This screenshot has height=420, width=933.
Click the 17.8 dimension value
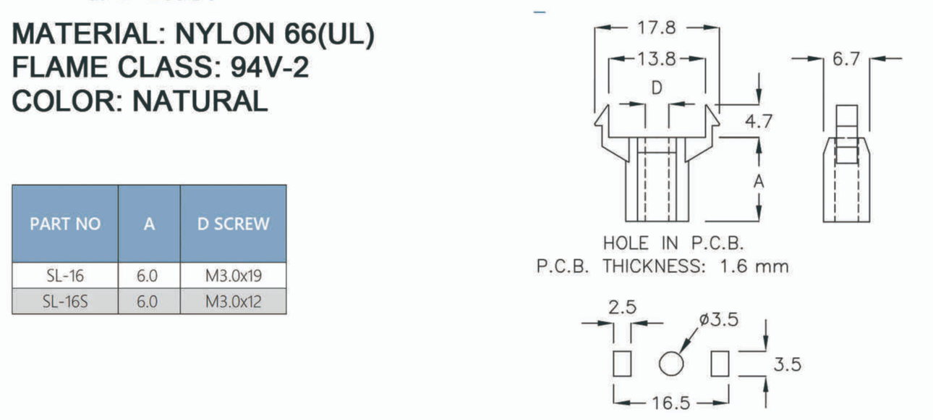656,28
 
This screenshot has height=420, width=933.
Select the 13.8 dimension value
656,59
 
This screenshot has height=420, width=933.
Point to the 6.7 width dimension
846,59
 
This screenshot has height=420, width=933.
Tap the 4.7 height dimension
759,121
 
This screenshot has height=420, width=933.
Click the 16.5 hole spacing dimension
670,403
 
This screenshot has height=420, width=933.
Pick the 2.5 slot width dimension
622,307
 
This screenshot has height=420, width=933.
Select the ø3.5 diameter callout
719,319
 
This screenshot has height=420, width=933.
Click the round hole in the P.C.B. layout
670,363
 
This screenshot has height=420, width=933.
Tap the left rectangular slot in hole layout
622,363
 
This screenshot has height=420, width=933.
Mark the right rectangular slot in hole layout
720,363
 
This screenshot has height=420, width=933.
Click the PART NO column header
65,224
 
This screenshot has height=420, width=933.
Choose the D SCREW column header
233,224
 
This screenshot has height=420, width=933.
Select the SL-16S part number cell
65,301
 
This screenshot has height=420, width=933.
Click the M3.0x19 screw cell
233,276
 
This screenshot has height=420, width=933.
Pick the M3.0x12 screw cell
233,301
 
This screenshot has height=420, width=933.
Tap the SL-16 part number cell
65,276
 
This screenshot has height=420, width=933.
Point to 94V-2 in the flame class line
270,67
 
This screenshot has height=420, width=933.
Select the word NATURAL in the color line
200,101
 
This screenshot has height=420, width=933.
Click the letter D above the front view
657,88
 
